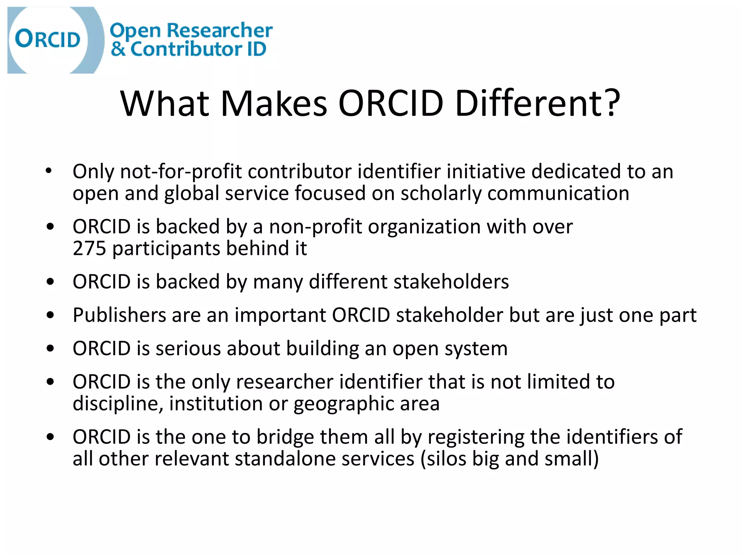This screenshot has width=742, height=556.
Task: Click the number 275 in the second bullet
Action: [x=89, y=248]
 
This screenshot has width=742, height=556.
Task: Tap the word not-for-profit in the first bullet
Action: [x=181, y=171]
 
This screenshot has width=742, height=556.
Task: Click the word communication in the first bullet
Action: [x=558, y=193]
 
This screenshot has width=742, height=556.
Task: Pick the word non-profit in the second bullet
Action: [x=315, y=227]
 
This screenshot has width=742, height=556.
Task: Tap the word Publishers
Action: [x=119, y=315]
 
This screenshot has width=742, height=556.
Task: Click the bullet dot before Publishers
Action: [x=50, y=315]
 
